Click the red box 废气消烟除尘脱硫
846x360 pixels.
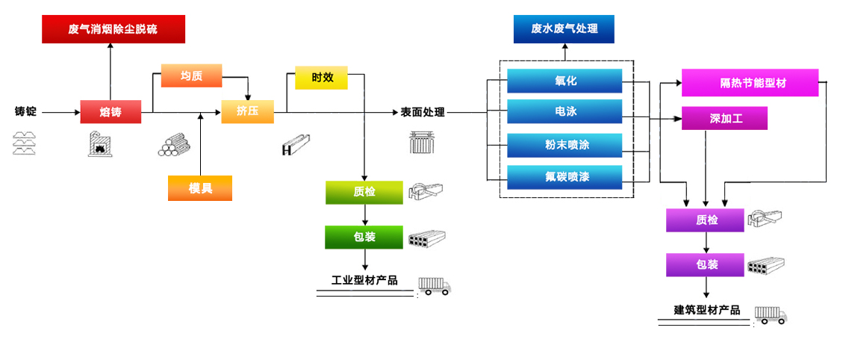(x=113, y=29)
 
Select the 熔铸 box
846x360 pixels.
(x=111, y=113)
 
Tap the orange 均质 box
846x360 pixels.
(x=191, y=75)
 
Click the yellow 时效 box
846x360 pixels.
(x=321, y=77)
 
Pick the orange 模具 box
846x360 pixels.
(x=200, y=188)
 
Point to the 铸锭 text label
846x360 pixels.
(x=25, y=112)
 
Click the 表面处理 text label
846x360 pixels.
(x=423, y=113)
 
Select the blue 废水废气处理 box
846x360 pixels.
(x=564, y=29)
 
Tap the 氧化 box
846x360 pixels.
(x=564, y=81)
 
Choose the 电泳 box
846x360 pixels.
(x=564, y=112)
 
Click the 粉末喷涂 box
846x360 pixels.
(x=564, y=145)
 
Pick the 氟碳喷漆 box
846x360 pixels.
(x=564, y=177)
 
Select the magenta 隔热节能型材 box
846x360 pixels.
(x=750, y=83)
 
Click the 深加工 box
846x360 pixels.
(x=724, y=118)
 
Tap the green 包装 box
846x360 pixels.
(x=364, y=237)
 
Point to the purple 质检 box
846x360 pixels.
(x=706, y=220)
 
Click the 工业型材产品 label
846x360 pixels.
(x=364, y=281)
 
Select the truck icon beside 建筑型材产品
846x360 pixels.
(x=771, y=314)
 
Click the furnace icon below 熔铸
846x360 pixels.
(x=100, y=143)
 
